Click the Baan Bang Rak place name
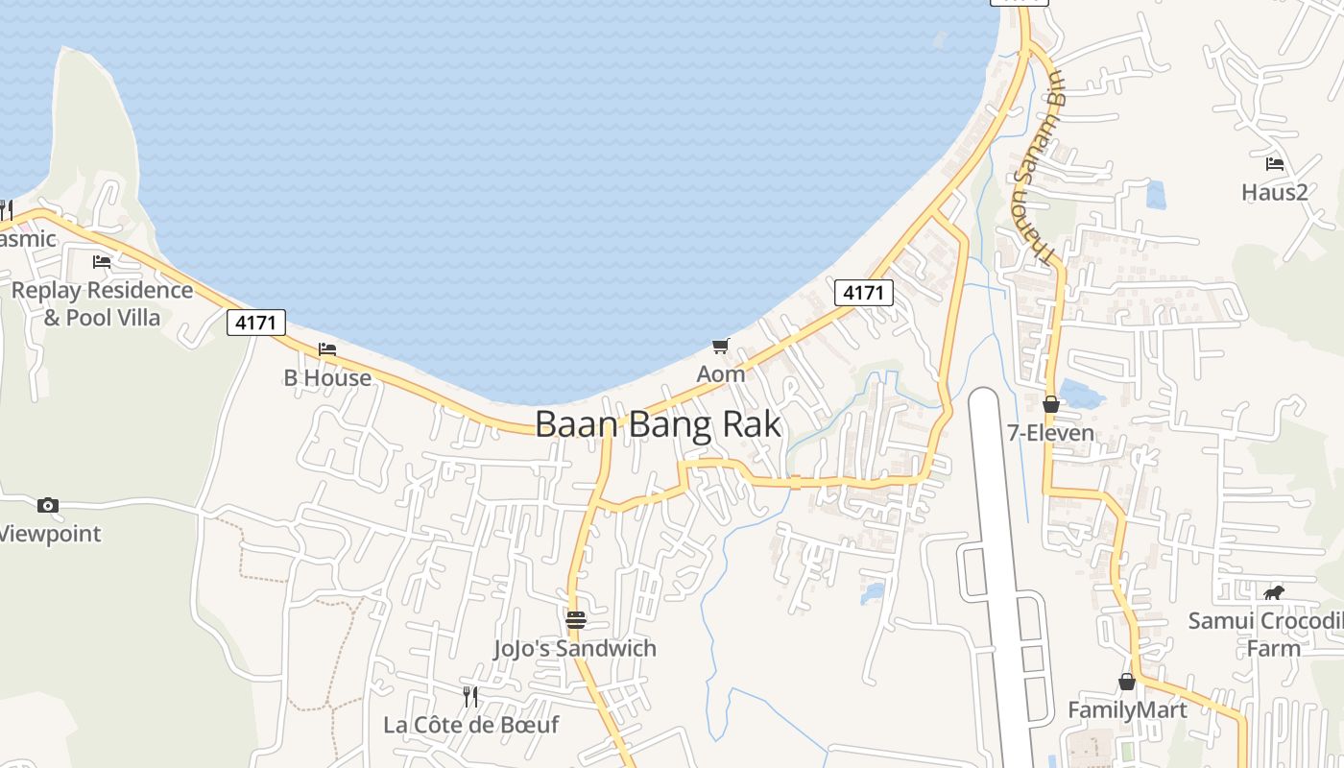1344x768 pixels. [x=658, y=424]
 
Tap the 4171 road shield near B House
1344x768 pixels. [x=256, y=323]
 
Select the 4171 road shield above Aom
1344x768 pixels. [x=863, y=293]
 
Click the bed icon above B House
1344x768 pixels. [x=327, y=349]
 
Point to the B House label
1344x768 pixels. [x=327, y=378]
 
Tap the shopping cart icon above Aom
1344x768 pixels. [x=721, y=346]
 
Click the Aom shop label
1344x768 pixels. [x=721, y=374]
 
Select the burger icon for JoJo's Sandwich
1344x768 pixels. [x=576, y=620]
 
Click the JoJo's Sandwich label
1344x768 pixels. [x=575, y=649]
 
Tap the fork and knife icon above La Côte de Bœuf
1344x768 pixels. [x=470, y=696]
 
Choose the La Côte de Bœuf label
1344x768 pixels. [x=470, y=725]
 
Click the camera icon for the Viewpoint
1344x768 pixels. [x=48, y=505]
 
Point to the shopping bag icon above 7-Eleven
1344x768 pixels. [x=1051, y=404]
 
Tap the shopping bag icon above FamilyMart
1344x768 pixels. [x=1127, y=682]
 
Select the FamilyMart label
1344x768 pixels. [x=1127, y=710]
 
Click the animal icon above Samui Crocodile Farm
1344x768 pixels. [x=1274, y=592]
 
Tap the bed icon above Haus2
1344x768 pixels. [x=1275, y=164]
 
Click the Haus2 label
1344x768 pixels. [x=1275, y=193]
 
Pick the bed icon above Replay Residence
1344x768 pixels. [x=102, y=261]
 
